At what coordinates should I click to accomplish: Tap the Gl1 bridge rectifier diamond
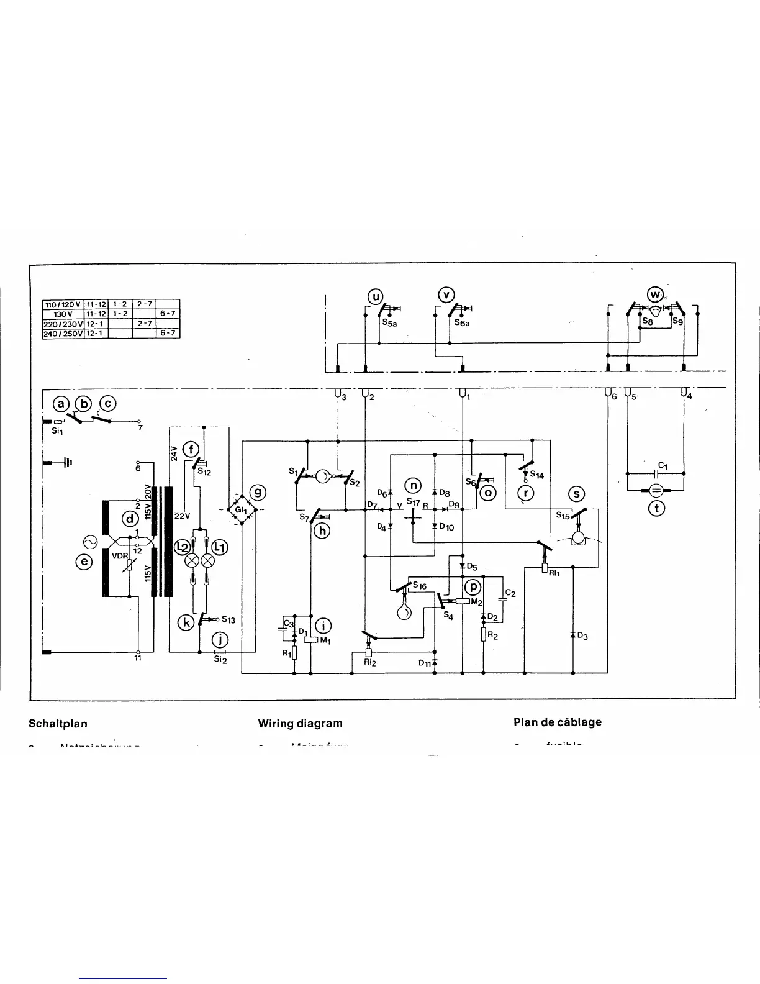[242, 510]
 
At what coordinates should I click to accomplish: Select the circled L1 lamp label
[220, 547]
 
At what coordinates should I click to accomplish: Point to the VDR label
[119, 557]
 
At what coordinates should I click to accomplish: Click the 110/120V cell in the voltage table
[62, 304]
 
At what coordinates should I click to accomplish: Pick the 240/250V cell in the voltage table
[62, 334]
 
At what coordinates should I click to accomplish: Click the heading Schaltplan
[58, 724]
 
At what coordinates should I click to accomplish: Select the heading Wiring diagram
[300, 723]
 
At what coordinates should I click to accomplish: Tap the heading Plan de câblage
[557, 722]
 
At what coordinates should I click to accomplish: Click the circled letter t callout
[656, 508]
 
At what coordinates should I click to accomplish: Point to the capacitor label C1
[663, 465]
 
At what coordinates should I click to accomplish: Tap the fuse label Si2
[220, 660]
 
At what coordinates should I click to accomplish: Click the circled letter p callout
[473, 587]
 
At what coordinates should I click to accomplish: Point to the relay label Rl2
[369, 662]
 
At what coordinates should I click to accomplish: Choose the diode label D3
[582, 635]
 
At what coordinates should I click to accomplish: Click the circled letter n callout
[413, 486]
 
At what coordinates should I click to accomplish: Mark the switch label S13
[228, 620]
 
